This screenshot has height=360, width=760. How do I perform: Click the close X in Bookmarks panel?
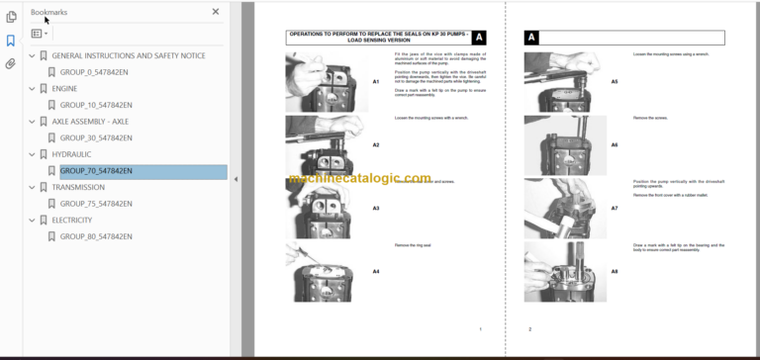pos(216,12)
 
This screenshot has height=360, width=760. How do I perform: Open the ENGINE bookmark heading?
pos(64,88)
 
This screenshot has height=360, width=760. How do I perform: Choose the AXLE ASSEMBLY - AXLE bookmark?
pos(90,122)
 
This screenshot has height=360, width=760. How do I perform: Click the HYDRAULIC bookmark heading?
pos(73,154)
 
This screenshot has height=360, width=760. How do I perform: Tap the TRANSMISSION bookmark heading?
pos(78,187)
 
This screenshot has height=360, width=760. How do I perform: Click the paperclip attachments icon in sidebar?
pos(11,64)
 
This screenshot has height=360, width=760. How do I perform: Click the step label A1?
pos(376,81)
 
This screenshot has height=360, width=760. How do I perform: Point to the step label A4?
pos(376,270)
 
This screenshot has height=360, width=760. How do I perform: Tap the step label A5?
pos(615,81)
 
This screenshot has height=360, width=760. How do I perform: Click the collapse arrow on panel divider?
pos(236,179)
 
